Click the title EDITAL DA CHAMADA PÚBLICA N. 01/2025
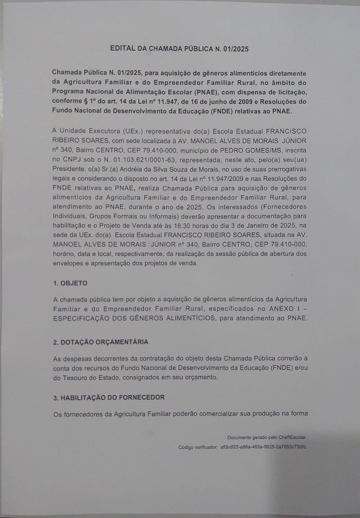(x=180, y=49)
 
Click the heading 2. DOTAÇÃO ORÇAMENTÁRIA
(x=101, y=342)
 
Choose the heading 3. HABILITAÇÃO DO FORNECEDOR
(x=109, y=397)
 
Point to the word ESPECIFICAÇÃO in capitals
(x=82, y=318)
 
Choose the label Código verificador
(x=197, y=447)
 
